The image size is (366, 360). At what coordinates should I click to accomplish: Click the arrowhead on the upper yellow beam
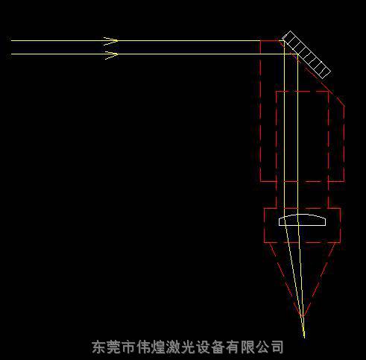(x=111, y=41)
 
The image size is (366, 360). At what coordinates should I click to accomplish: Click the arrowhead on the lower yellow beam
(x=111, y=55)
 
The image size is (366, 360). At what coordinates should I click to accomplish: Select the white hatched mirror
(x=306, y=54)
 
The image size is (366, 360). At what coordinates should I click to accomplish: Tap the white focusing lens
(x=302, y=220)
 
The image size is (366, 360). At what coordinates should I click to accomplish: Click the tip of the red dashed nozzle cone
(x=303, y=318)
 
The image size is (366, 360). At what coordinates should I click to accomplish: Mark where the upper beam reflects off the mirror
(x=284, y=41)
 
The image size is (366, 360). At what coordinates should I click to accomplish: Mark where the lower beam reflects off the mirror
(x=297, y=54)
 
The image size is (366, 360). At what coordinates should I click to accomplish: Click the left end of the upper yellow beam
(x=11, y=40)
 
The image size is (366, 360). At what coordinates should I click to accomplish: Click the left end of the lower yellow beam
(x=11, y=54)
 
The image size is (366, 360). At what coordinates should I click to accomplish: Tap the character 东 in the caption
(x=99, y=347)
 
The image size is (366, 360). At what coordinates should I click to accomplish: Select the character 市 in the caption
(x=128, y=347)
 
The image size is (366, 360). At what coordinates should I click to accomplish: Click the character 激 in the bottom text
(x=173, y=347)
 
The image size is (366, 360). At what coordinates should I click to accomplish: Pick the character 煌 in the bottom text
(x=158, y=347)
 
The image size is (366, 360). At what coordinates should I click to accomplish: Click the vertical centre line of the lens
(x=297, y=220)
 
